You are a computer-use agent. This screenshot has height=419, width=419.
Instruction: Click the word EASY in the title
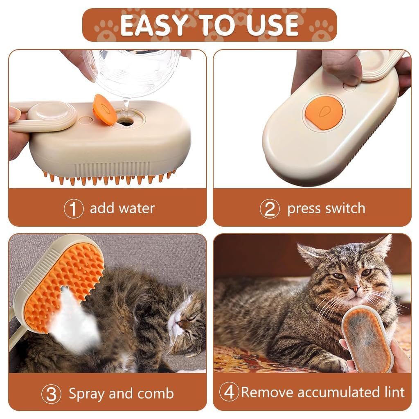tap(150, 25)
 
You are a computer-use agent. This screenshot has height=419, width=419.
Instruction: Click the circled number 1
tap(74, 209)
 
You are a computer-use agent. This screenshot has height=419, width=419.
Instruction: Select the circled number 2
tap(270, 209)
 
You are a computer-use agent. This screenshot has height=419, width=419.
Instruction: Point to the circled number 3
tap(52, 394)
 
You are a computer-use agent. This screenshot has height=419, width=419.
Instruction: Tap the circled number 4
tap(229, 392)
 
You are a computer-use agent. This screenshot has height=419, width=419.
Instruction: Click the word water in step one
tap(137, 208)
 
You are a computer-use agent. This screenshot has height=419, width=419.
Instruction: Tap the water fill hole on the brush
tap(126, 122)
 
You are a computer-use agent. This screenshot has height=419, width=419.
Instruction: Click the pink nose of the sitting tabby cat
tap(355, 289)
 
